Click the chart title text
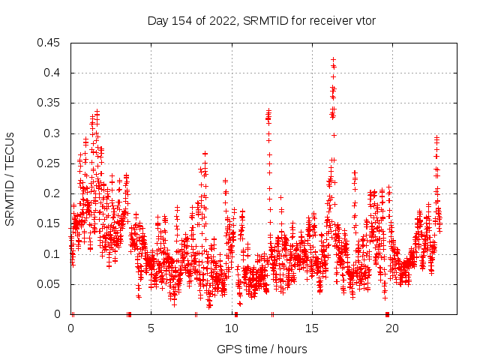[261, 20]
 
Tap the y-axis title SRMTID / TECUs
[10, 179]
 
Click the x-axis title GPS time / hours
[262, 349]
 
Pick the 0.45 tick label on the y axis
[50, 43]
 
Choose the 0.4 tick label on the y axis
[53, 73]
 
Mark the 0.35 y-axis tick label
[50, 103]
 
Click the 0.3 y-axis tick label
[53, 133]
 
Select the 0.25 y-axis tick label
[50, 163]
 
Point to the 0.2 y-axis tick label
[53, 193]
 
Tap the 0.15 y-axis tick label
[50, 223]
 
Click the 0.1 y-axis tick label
[53, 254]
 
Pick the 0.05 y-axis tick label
[50, 284]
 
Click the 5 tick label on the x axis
[151, 328]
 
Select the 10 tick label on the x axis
[232, 328]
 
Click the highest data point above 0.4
[333, 59]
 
